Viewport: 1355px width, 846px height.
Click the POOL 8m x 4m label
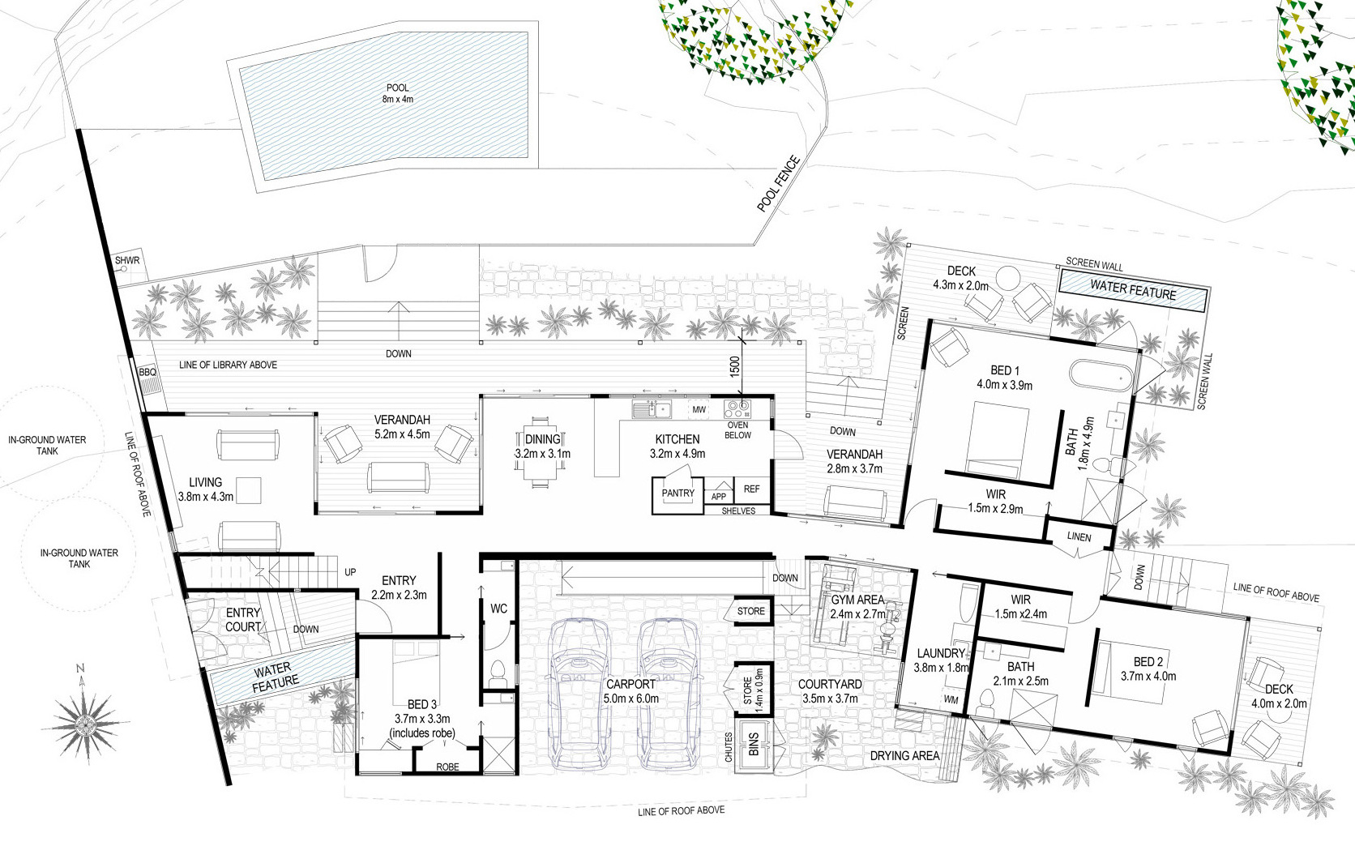click(x=397, y=94)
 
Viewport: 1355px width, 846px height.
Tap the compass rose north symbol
click(x=84, y=720)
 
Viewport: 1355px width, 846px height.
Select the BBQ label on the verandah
click(x=147, y=373)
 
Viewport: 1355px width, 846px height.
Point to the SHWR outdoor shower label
click(x=127, y=261)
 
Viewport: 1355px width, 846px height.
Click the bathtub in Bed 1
click(x=1101, y=376)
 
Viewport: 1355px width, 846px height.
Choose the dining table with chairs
click(x=541, y=451)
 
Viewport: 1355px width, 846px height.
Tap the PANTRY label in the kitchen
click(x=678, y=493)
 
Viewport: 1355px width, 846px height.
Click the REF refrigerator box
click(x=752, y=489)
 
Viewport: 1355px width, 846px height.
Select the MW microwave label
click(x=699, y=410)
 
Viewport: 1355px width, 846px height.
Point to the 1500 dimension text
click(x=734, y=367)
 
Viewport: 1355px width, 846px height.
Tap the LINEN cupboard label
click(x=1079, y=537)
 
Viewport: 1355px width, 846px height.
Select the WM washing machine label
click(x=951, y=699)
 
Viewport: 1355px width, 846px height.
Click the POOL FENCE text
click(x=779, y=184)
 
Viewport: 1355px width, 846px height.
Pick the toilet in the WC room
click(x=498, y=673)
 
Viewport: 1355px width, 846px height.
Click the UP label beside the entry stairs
click(x=350, y=572)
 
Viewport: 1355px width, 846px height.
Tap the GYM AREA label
click(x=857, y=600)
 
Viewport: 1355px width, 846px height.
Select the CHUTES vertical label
click(x=729, y=747)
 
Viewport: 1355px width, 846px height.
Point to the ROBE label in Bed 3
click(x=447, y=767)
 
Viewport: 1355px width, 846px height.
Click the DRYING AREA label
click(x=905, y=756)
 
